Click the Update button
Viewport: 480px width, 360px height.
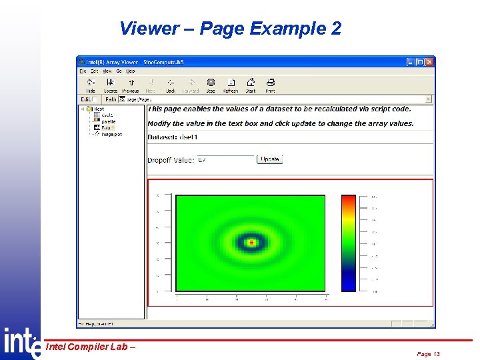pos(270,159)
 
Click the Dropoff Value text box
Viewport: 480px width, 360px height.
pos(225,160)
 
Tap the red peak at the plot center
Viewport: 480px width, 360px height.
pos(251,243)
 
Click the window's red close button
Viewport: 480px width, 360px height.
pos(429,62)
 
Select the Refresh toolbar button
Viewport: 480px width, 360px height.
pos(230,86)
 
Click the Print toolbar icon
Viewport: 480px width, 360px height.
pos(270,86)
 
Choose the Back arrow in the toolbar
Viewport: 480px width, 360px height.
pos(171,86)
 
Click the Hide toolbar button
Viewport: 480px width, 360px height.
pos(91,86)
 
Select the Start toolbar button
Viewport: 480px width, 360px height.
pos(251,86)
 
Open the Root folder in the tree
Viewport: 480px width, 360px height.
pos(98,109)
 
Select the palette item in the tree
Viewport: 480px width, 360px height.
pos(108,121)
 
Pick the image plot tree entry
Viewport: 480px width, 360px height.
pos(111,134)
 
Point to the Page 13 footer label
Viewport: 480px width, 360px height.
pos(429,354)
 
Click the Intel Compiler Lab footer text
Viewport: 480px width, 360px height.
pos(90,346)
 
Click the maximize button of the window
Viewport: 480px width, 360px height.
pos(420,62)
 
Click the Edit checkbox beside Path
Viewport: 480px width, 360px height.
pos(95,99)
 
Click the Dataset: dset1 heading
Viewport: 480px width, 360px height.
pos(173,137)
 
